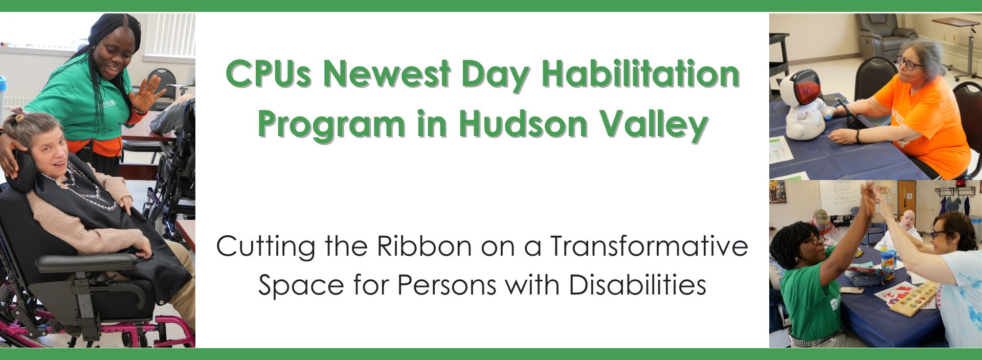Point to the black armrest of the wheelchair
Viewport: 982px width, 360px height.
(87, 262)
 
